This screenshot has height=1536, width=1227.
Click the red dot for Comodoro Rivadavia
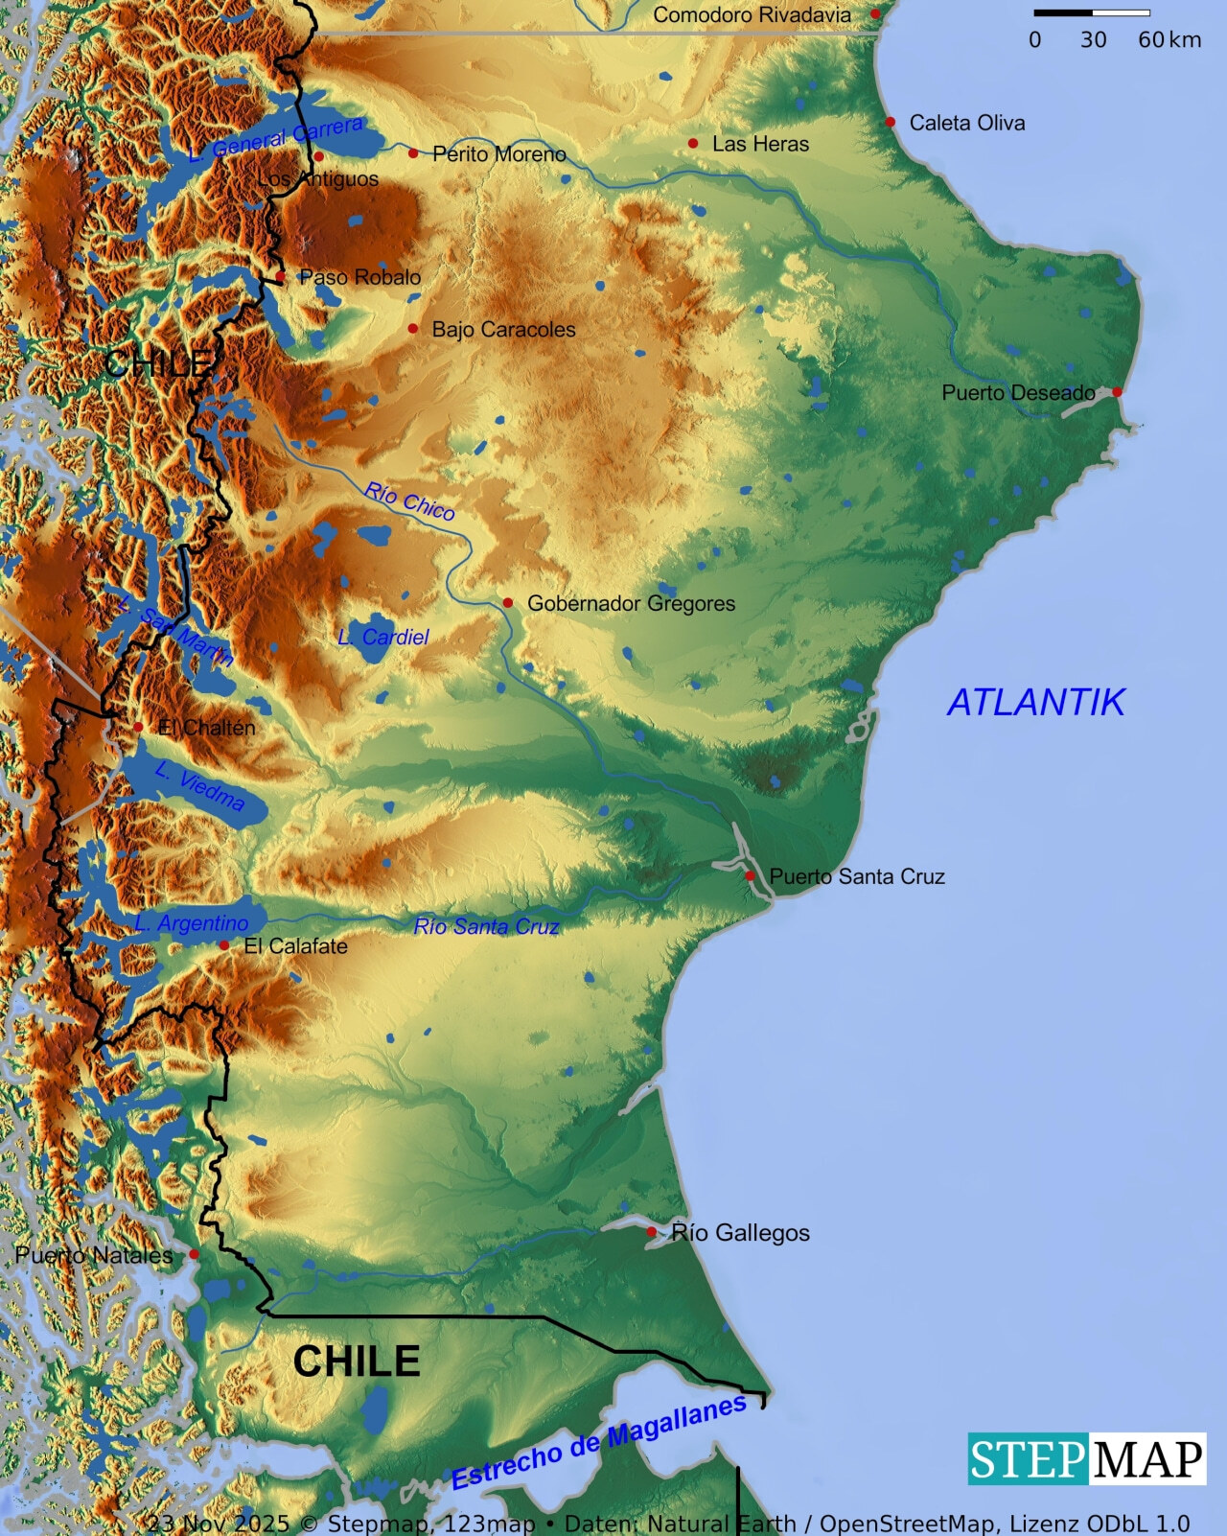875,14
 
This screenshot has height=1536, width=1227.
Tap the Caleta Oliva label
966,123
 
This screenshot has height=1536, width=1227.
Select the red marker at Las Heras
693,144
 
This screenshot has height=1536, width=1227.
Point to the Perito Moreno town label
498,153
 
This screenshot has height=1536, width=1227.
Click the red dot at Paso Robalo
281,277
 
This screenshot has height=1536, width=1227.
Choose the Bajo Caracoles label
503,329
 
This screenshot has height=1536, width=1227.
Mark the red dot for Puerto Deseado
1117,392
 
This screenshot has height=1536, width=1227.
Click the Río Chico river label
409,501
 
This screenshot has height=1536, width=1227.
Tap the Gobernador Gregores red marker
508,603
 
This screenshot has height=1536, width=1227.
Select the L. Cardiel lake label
383,637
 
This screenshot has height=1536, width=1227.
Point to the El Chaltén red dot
138,728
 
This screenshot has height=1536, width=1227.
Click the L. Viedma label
199,786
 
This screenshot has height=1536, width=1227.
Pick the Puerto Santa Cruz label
857,876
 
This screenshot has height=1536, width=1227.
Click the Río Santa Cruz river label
486,926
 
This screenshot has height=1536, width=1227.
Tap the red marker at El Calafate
223,945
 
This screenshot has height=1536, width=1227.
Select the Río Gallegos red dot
652,1232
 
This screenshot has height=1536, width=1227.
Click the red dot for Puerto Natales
194,1254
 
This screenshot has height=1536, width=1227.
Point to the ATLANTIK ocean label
1035,703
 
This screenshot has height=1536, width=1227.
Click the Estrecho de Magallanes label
598,1443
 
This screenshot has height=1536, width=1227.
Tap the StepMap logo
1086,1459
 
